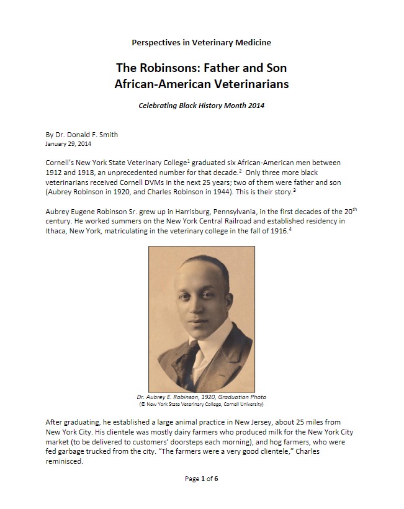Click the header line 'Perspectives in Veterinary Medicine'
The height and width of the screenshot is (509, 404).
pyautogui.click(x=201, y=42)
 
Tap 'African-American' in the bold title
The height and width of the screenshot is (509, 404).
pyautogui.click(x=162, y=83)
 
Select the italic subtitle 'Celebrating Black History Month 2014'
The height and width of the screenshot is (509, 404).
pyautogui.click(x=201, y=106)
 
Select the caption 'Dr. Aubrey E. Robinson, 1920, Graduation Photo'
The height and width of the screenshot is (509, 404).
pyautogui.click(x=201, y=397)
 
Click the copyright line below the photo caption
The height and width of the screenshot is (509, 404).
pyautogui.click(x=201, y=404)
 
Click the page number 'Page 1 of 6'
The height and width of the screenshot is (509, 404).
pyautogui.click(x=201, y=479)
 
